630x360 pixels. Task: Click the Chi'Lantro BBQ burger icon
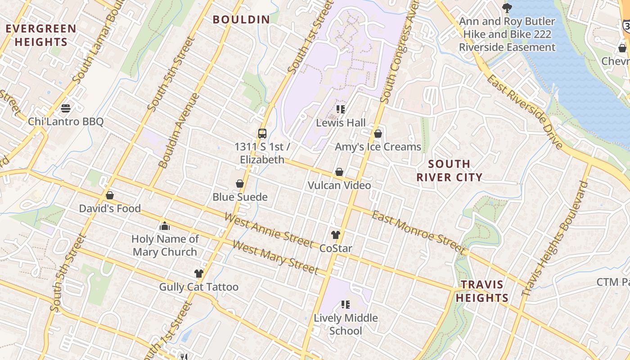pos(66,108)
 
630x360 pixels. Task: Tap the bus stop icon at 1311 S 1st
pos(262,133)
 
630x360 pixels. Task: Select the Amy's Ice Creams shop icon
pos(378,134)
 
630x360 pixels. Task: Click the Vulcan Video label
pos(339,185)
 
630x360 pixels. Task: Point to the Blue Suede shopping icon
pos(240,184)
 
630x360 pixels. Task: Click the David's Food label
pos(110,209)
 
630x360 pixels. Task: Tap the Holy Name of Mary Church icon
pos(165,226)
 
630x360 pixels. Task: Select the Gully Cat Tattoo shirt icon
pos(198,273)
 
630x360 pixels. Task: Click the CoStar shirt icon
pos(336,234)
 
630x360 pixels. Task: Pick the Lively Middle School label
pos(346,324)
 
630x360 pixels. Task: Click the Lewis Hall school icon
pos(341,109)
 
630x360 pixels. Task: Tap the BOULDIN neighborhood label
pos(241,20)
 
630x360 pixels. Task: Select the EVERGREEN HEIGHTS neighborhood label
pos(41,36)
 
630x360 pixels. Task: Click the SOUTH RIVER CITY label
pos(449,171)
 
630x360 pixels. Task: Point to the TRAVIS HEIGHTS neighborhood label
pos(481,291)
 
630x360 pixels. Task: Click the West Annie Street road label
pos(269,231)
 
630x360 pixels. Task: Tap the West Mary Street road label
pos(275,257)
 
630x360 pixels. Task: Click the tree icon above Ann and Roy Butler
pos(507,8)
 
